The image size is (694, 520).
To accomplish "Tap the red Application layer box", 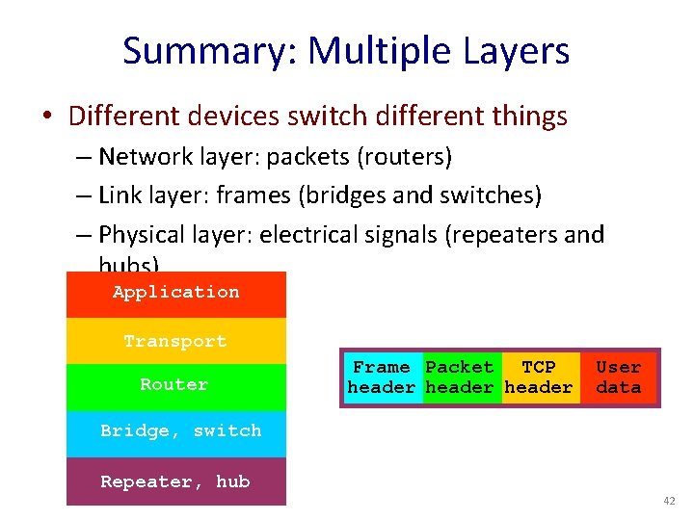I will point(175,294).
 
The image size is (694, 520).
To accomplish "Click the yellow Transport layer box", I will point(175,341).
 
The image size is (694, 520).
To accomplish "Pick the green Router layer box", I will point(175,385).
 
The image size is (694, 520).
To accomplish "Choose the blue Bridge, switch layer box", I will point(175,431).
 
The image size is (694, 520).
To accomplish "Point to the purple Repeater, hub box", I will point(175,481).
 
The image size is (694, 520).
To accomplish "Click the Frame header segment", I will point(382,377).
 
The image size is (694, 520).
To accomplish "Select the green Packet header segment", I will point(460,377).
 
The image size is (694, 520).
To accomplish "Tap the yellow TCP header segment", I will point(540,377).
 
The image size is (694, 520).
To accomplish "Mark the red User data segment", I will point(619,377).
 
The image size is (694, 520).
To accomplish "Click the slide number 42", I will point(668,502).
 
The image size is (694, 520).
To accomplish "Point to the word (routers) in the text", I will point(409,156).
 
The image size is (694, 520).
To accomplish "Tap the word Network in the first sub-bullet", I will point(136,156).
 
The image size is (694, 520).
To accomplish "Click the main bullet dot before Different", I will point(47,117).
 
